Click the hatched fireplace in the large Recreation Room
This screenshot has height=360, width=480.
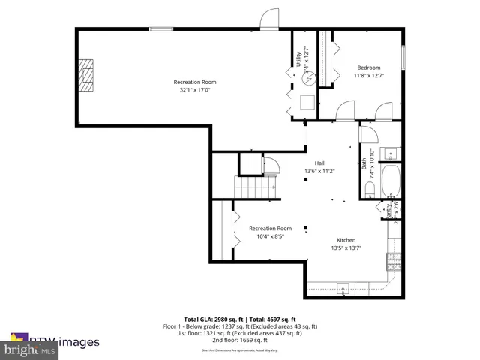(88, 74)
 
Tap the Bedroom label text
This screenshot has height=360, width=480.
(368, 67)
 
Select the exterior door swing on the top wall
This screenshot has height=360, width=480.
(269, 21)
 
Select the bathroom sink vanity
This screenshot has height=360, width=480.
(391, 155)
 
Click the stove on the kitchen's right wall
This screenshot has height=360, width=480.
(394, 262)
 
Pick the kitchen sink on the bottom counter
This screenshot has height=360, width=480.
(343, 288)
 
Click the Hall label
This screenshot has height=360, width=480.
(319, 163)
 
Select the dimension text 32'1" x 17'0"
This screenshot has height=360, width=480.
(195, 90)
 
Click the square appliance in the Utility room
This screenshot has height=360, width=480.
(307, 102)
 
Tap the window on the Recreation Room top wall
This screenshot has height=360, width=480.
(160, 29)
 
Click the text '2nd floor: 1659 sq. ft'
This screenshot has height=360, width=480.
(240, 340)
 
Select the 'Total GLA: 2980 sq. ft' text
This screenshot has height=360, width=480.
(214, 319)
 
